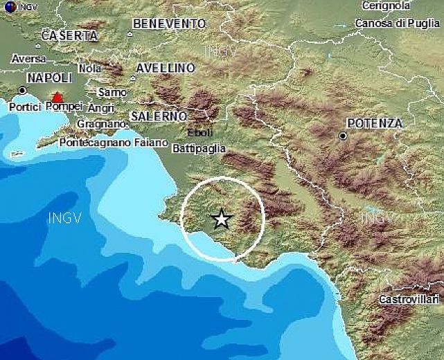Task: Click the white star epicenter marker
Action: click(x=221, y=219)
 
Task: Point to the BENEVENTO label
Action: click(x=169, y=24)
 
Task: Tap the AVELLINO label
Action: click(x=165, y=69)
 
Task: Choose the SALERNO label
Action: click(x=159, y=116)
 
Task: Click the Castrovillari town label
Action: click(x=409, y=299)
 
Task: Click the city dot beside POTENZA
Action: click(x=343, y=136)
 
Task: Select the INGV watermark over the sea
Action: click(x=65, y=219)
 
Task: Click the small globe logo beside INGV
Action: click(x=6, y=6)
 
